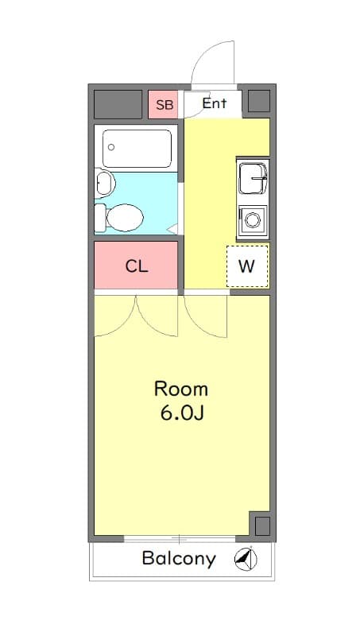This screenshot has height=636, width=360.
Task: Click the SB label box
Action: [163, 105]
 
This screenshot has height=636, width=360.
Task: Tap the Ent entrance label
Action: [214, 103]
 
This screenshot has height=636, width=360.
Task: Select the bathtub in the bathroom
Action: [137, 148]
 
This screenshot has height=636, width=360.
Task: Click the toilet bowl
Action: [124, 216]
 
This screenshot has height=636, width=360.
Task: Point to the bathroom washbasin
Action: [104, 184]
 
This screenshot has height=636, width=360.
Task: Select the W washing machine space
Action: [247, 266]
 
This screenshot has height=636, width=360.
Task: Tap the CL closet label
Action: [136, 266]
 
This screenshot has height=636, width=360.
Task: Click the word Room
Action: [180, 389]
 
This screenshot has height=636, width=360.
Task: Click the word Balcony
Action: [179, 558]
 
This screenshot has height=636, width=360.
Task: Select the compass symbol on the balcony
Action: [246, 560]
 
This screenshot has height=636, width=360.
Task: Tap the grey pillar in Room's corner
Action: [261, 525]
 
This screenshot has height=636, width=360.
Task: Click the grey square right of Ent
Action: [258, 102]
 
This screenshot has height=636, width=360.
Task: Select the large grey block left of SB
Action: [118, 105]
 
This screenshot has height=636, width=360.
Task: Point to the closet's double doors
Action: [136, 314]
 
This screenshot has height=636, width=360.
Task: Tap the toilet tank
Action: [100, 216]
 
